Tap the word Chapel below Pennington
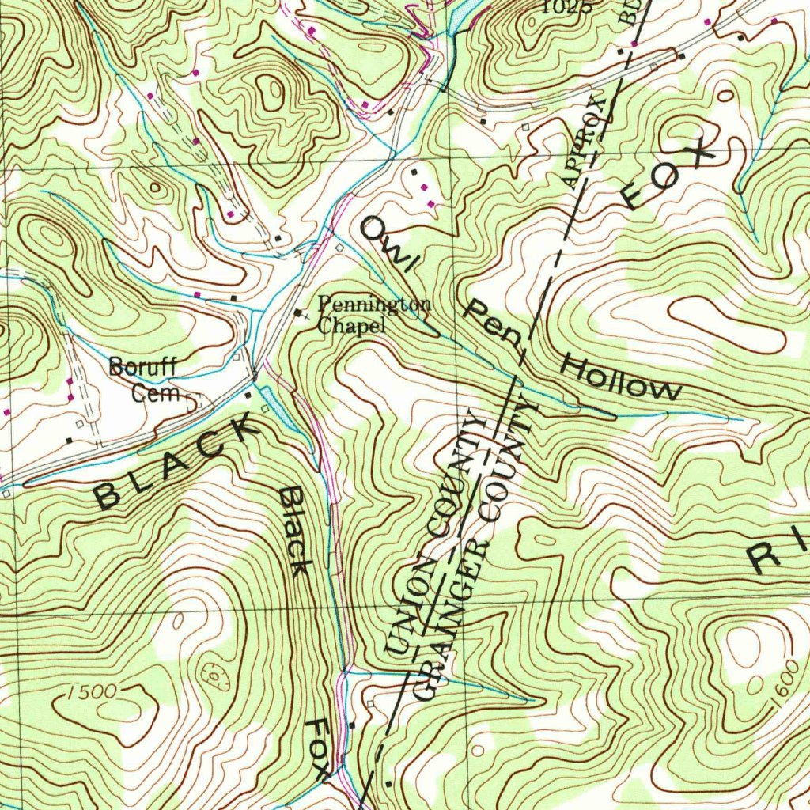(351, 325)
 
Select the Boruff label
(143, 367)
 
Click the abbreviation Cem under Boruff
(157, 393)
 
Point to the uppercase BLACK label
(176, 464)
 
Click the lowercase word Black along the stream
(294, 532)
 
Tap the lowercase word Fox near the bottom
(320, 749)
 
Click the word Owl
(387, 244)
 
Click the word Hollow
(622, 378)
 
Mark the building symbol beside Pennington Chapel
(298, 313)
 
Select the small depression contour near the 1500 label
(213, 674)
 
